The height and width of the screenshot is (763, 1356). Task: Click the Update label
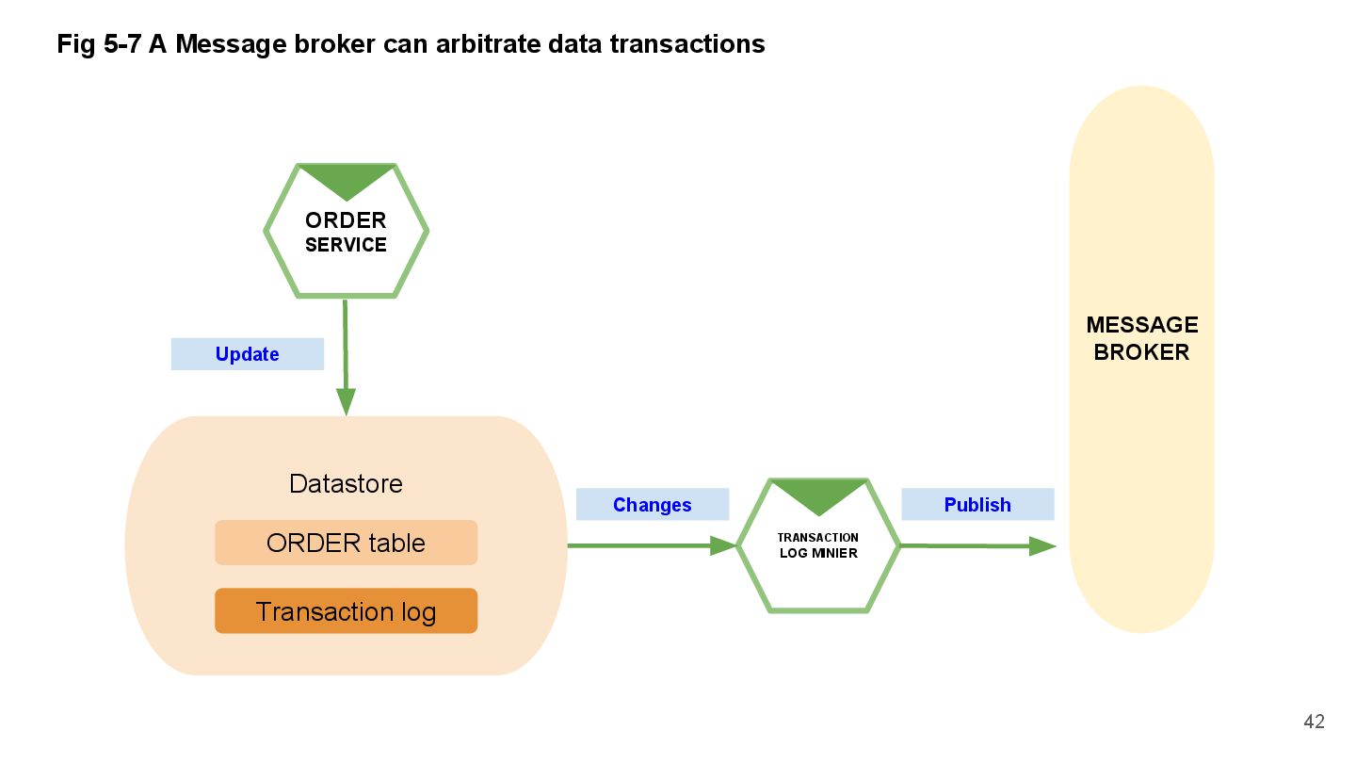click(247, 354)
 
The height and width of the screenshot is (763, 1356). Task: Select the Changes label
click(652, 505)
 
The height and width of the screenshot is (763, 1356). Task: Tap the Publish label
click(977, 505)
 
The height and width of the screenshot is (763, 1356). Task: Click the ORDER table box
click(346, 543)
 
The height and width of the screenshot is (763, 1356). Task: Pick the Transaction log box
click(346, 611)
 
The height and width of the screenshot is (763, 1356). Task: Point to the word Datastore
click(346, 483)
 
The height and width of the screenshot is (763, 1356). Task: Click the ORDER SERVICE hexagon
click(346, 232)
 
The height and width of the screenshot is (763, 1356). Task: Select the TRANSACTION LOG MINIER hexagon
click(817, 545)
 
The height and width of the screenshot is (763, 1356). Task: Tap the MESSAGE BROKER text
click(1141, 338)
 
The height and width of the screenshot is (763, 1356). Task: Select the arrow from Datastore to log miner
click(650, 545)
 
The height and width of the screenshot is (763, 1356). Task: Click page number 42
click(1314, 722)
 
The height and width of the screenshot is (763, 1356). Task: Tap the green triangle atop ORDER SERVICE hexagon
click(346, 179)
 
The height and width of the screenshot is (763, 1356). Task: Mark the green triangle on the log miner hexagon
click(817, 493)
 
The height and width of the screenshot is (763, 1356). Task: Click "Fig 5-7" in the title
click(99, 43)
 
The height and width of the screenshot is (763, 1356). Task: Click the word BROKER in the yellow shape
click(1141, 352)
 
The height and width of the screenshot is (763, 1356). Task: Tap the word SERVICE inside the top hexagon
click(346, 245)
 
